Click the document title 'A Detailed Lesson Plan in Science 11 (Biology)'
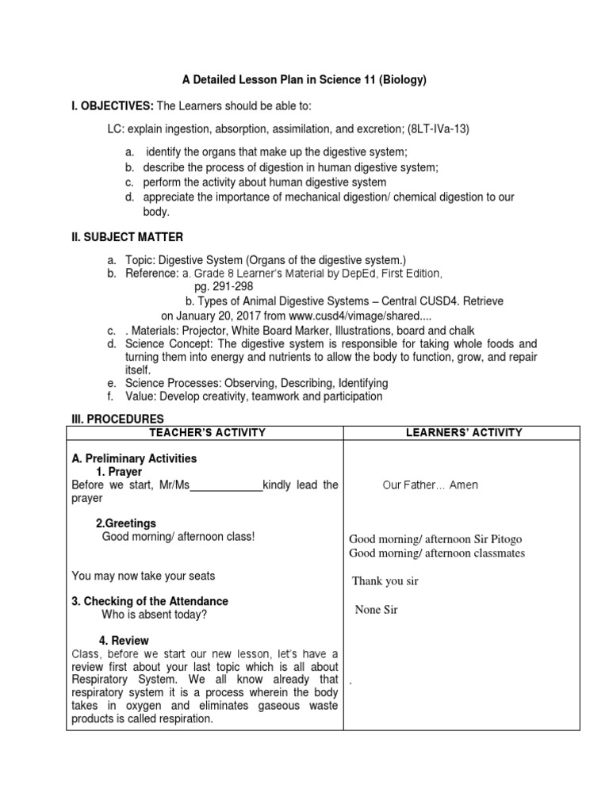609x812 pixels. click(x=305, y=80)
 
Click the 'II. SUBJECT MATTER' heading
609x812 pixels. click(x=127, y=237)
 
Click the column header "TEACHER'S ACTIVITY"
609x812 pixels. click(x=205, y=433)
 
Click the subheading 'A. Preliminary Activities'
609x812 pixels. click(x=134, y=458)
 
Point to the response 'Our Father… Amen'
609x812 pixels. click(x=430, y=485)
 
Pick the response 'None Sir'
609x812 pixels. click(x=376, y=610)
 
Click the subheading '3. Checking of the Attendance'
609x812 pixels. click(x=150, y=601)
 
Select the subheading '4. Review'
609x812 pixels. click(x=124, y=640)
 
